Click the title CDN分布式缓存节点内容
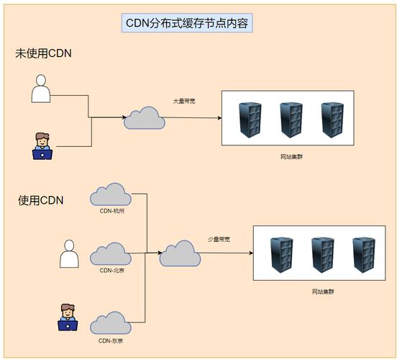coord(187,24)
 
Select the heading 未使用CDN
coord(44,54)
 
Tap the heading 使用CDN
coord(41,200)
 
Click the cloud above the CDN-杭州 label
coord(111,194)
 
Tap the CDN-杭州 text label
coord(111,211)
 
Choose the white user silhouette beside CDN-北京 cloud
coord(69,253)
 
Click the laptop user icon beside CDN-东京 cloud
coord(68,318)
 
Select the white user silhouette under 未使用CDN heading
coord(42,91)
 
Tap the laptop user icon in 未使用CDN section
coord(43,145)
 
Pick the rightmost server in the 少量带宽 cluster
coord(364,255)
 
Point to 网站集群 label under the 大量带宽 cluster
coord(291,156)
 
